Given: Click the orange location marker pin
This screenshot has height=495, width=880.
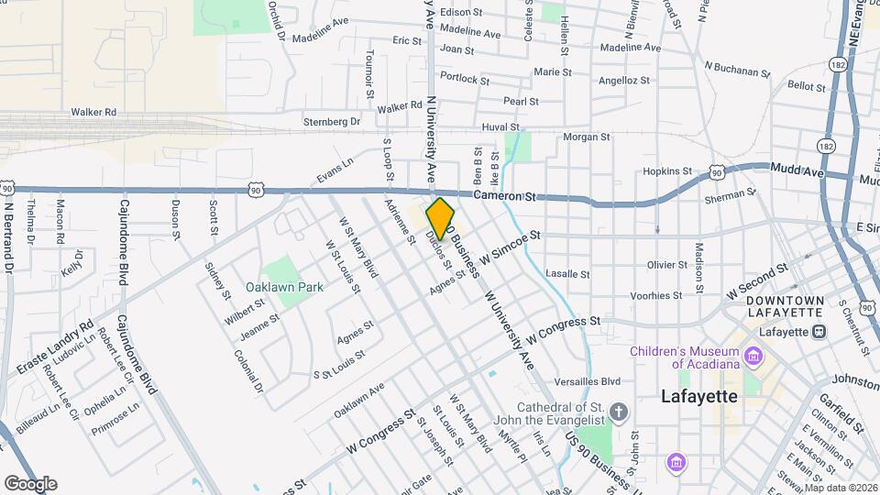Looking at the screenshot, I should click(440, 218).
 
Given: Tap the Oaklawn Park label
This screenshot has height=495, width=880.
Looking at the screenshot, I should click(284, 287).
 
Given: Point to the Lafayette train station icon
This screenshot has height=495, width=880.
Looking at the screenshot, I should click(819, 331).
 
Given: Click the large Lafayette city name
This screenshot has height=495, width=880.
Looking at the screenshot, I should click(699, 397).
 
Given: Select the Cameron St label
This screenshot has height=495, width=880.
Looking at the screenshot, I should click(504, 196).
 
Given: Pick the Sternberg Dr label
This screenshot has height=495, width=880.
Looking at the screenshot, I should click(332, 121).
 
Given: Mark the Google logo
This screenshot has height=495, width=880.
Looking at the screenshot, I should click(30, 483).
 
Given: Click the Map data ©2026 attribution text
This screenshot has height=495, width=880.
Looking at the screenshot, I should click(840, 487).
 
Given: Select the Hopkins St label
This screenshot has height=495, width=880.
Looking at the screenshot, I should click(666, 170).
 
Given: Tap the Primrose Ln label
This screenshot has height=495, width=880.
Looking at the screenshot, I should click(115, 420).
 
